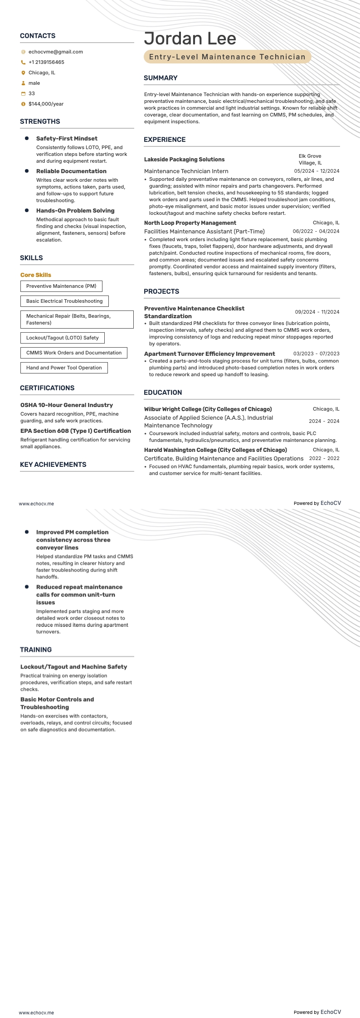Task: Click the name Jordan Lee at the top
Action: point(190,39)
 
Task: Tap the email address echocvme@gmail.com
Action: point(55,52)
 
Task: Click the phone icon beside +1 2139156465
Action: point(23,62)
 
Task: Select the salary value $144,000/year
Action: point(46,104)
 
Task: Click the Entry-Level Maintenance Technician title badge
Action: point(227,57)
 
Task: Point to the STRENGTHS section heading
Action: point(40,121)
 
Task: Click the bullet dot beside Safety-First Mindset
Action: point(27,138)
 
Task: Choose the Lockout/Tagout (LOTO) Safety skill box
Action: point(62,338)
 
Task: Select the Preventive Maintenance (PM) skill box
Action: point(61,286)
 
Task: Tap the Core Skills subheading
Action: point(36,275)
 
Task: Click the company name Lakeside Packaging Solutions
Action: point(184,160)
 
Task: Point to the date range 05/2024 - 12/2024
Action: point(316,171)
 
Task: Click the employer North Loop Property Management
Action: point(190,223)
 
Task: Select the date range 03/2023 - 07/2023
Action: point(316,354)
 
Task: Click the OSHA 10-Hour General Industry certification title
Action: point(67,405)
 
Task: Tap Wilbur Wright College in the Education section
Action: point(208,409)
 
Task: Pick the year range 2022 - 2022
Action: point(324,458)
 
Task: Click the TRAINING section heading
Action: point(36,650)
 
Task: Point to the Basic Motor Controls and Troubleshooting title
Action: point(57,703)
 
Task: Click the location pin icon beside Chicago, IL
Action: point(23,73)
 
